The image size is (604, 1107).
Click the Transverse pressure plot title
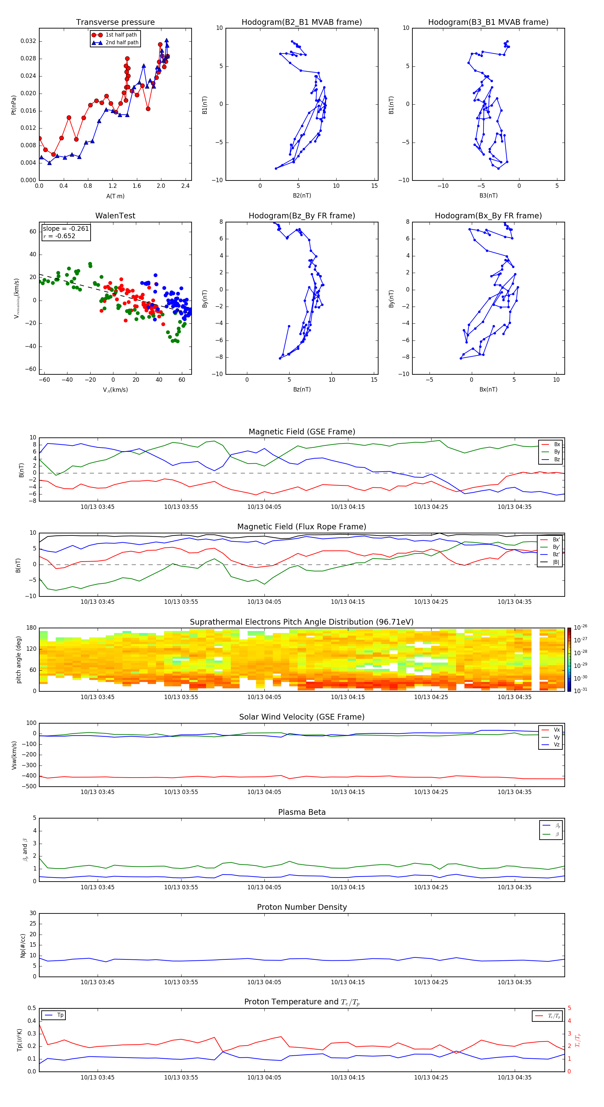pos(115,22)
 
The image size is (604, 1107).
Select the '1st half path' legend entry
pos(121,35)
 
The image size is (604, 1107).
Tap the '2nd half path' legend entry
pos(122,43)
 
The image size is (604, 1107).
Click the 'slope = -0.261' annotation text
pos(66,229)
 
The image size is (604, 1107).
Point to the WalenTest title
pos(115,216)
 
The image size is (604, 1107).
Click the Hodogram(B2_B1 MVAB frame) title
pos(301,22)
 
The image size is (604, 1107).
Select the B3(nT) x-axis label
pos(488,196)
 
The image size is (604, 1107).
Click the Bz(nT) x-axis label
pos(302,389)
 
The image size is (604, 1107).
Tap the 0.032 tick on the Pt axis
pos(29,41)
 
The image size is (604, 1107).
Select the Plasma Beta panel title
pos(302,812)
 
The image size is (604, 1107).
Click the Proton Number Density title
pos(302,907)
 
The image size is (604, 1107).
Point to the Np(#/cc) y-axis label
pos(23,945)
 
